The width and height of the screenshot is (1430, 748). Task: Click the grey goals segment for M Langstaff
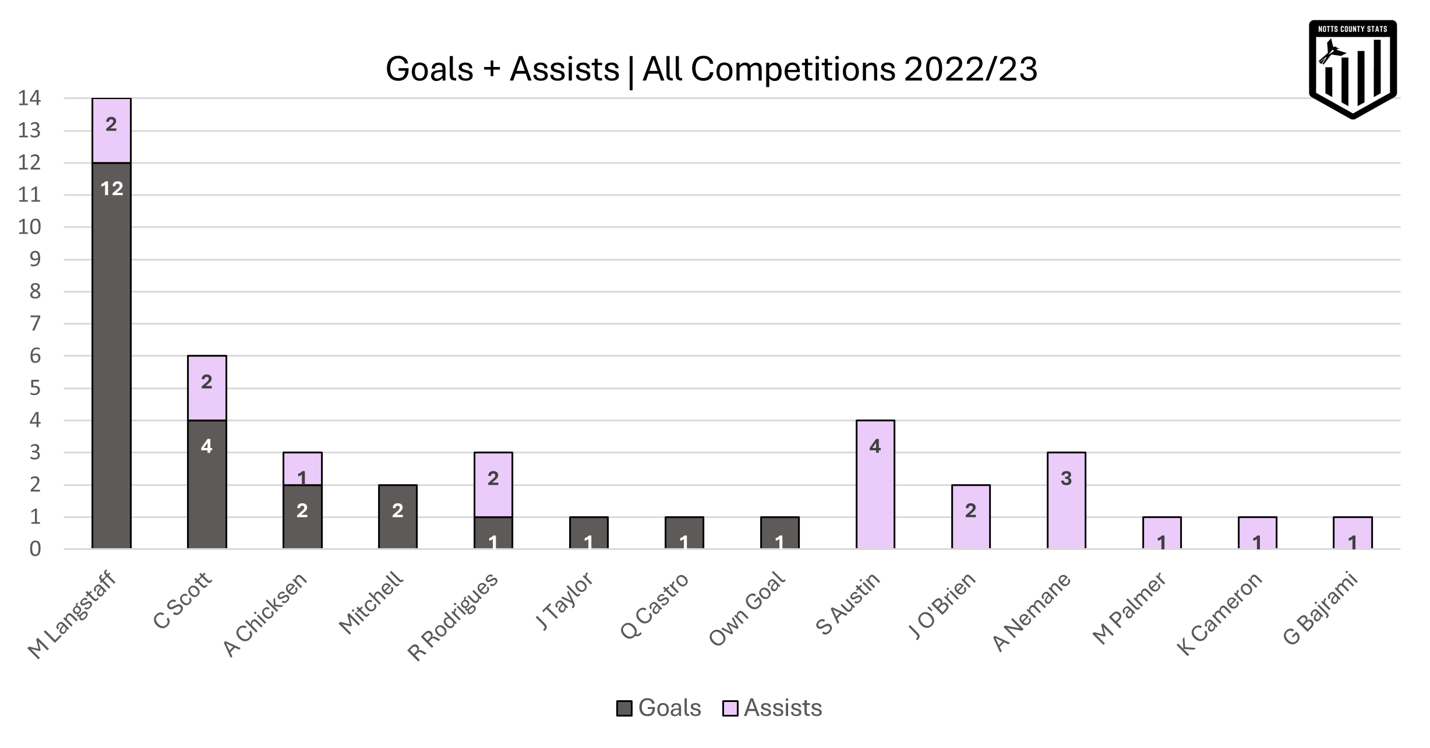[111, 355]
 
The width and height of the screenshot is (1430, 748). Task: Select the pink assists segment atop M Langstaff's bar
[111, 131]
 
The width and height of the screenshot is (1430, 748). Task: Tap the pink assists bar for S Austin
[875, 485]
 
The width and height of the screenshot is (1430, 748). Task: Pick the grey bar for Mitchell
[398, 517]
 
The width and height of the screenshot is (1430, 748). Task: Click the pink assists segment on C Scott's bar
[207, 388]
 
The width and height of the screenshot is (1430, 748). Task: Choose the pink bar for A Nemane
[1066, 501]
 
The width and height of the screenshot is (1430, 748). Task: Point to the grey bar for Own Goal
[779, 532]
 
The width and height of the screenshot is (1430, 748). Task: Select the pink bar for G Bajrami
[1353, 532]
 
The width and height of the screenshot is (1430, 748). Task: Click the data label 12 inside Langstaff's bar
[111, 189]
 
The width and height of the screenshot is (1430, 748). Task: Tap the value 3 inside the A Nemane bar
[1066, 478]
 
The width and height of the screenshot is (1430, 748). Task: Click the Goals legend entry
[659, 708]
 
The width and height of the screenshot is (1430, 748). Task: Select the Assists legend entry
[773, 708]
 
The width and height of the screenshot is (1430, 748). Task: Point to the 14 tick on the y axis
[29, 98]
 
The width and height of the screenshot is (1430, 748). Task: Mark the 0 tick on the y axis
[35, 549]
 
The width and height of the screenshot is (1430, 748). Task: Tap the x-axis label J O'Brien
[942, 606]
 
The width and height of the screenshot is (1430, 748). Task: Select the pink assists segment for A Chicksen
[302, 468]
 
